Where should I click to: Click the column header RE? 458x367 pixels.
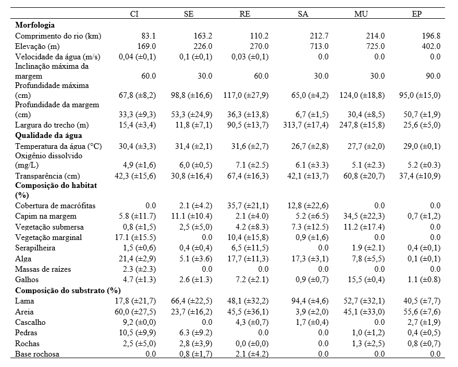coord(244,14)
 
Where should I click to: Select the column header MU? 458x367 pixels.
coord(361,14)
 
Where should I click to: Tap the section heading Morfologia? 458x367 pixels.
coord(35,25)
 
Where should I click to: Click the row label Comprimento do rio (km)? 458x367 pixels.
coord(58,36)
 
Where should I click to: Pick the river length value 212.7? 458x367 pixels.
coord(318,36)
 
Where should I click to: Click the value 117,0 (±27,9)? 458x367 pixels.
coord(248,95)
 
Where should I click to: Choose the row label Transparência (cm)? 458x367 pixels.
coord(46,176)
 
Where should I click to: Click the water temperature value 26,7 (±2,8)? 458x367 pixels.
coord(308,146)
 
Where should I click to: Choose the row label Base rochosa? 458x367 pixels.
coord(38,354)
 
